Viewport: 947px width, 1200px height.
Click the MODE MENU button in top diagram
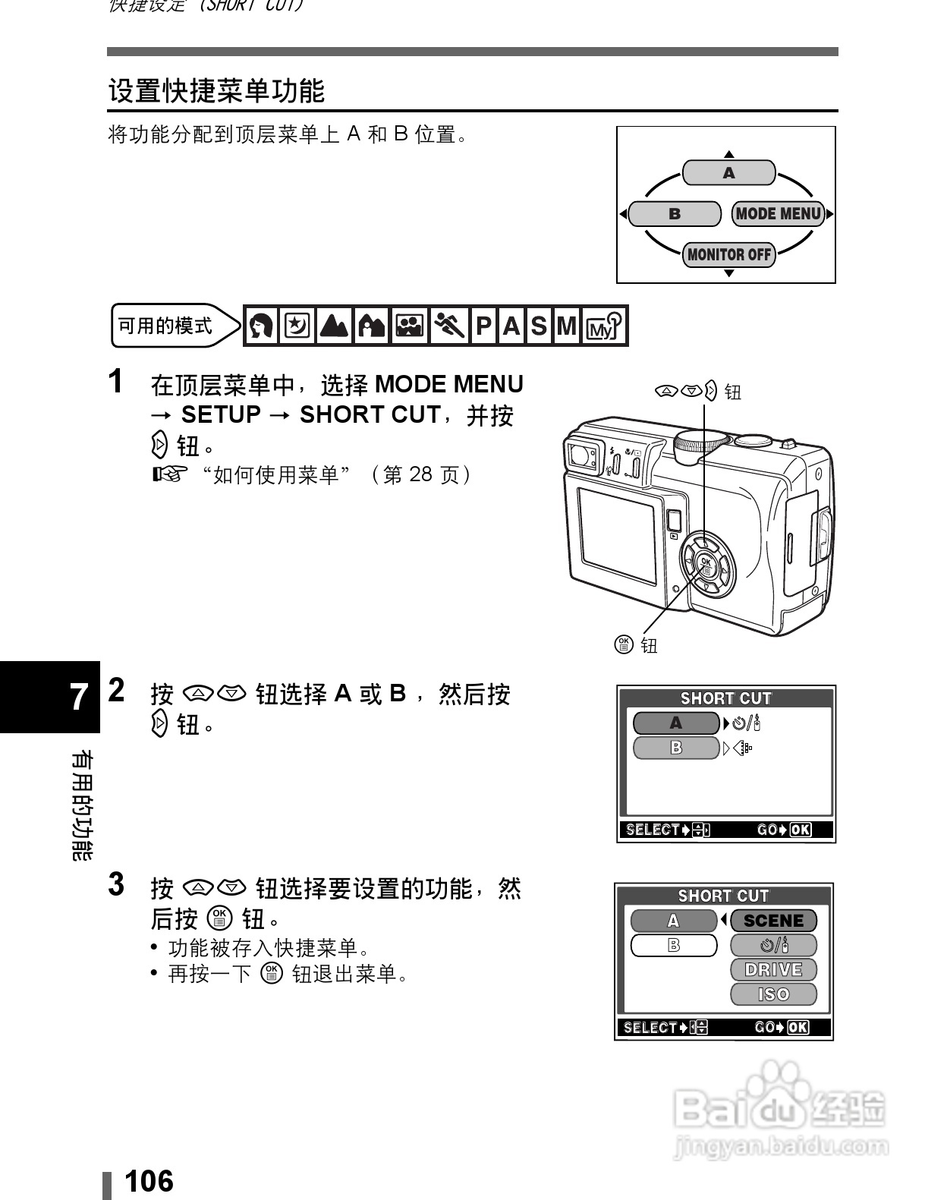tap(779, 214)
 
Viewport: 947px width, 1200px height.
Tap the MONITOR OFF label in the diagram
tap(728, 254)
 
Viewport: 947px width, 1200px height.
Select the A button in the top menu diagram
tap(728, 173)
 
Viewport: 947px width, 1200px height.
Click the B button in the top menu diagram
tap(675, 214)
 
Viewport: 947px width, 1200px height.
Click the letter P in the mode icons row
tap(483, 326)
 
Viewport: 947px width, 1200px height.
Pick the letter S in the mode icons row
tap(538, 326)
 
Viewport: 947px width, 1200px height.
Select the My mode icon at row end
tap(604, 326)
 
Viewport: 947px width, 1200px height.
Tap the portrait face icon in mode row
tap(261, 326)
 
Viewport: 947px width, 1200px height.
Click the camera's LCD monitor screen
tap(616, 535)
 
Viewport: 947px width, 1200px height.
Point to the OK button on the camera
tap(706, 565)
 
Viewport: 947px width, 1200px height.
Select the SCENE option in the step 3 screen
tap(773, 921)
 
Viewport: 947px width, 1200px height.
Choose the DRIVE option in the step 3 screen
tap(773, 969)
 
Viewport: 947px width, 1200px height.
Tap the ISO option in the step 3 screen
tap(773, 994)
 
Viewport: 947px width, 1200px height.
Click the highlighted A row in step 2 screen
tap(675, 723)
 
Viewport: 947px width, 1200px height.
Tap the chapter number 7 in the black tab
tap(78, 697)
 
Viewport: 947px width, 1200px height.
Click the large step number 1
tap(116, 382)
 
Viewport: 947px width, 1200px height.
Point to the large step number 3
tap(116, 884)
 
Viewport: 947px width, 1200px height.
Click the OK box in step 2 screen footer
tap(801, 830)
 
